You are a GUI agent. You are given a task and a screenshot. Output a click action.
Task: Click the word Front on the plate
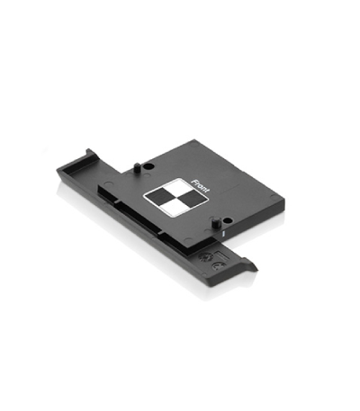[200, 186]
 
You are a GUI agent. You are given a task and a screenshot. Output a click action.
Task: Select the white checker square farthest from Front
[173, 207]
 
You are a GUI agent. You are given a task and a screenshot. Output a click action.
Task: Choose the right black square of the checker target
[192, 197]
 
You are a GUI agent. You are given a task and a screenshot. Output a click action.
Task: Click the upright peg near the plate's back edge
[137, 167]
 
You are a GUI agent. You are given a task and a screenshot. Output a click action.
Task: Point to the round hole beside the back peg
[148, 166]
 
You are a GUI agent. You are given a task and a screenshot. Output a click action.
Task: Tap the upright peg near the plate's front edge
[215, 223]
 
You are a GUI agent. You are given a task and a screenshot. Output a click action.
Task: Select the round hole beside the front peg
[228, 221]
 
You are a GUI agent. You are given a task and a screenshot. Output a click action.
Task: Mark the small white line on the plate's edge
[223, 233]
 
